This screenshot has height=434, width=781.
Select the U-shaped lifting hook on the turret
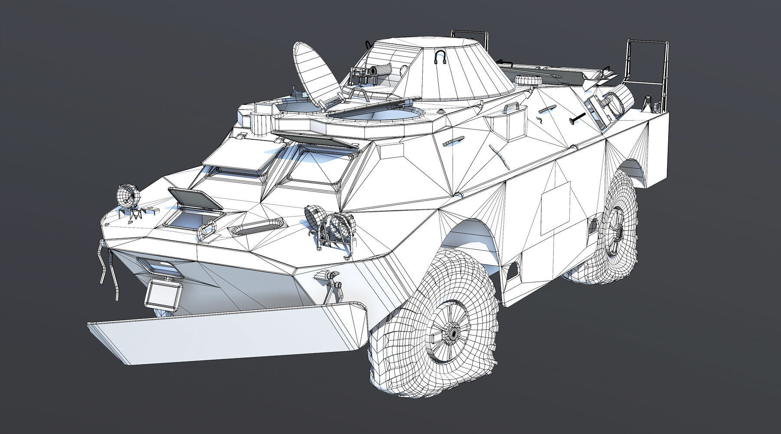pos(441,57)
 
